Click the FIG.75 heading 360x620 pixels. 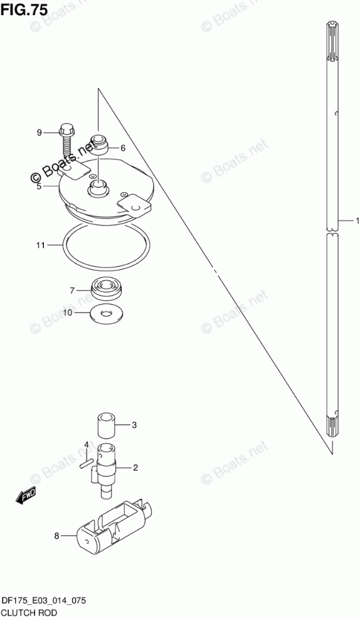click(24, 9)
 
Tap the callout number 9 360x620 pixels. click(39, 132)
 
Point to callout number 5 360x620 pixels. click(39, 186)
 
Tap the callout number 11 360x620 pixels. click(41, 245)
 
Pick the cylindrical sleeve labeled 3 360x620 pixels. click(106, 425)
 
